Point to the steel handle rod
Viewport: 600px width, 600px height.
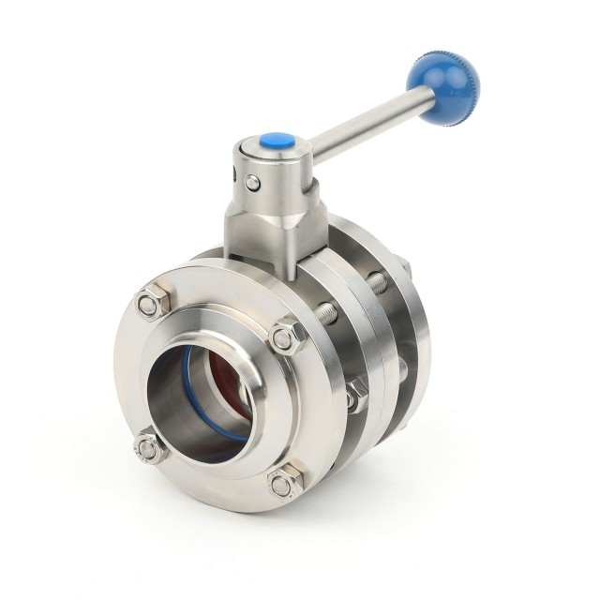coord(366,121)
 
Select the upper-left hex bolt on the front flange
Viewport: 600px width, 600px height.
coord(149,303)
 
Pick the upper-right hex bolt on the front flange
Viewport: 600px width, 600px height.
coord(287,336)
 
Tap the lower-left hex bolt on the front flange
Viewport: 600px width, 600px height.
coord(148,447)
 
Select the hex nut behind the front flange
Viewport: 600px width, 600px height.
coord(355,395)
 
